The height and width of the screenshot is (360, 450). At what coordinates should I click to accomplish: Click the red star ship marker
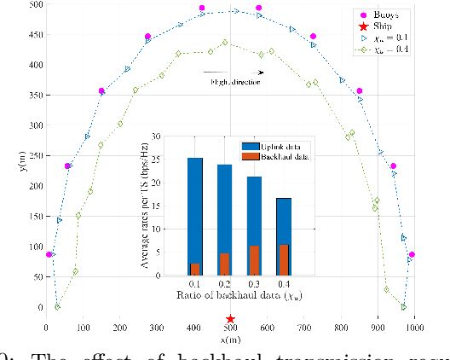click(x=230, y=318)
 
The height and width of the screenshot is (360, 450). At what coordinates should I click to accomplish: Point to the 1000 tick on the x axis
click(x=415, y=327)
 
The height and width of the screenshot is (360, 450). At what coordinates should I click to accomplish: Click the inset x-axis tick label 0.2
click(x=224, y=282)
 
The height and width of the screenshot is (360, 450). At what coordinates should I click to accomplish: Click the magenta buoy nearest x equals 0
click(x=50, y=254)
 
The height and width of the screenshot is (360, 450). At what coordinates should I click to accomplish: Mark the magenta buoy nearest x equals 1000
click(x=412, y=254)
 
